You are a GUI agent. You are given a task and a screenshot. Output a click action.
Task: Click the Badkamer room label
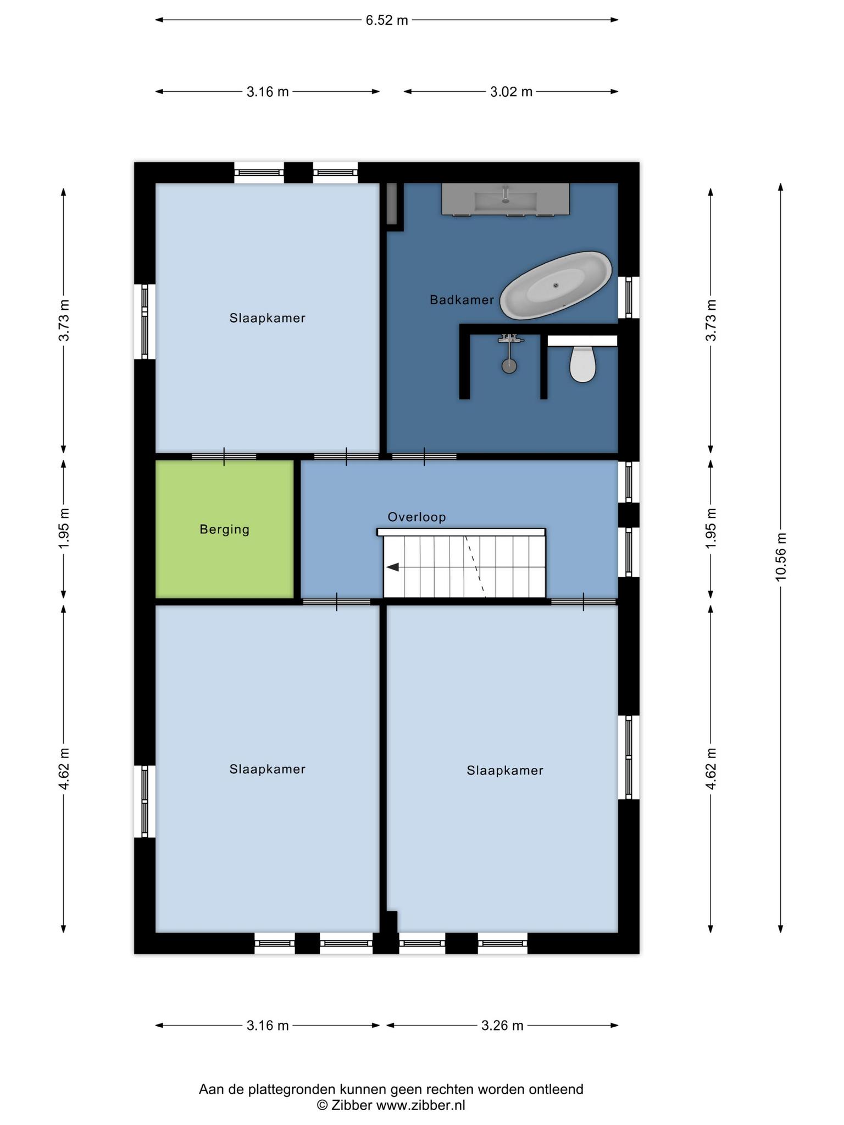[462, 300]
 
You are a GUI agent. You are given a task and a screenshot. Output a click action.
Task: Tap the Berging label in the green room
[224, 530]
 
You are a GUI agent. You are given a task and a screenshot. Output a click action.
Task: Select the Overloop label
[417, 517]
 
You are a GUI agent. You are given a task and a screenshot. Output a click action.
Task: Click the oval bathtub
[557, 285]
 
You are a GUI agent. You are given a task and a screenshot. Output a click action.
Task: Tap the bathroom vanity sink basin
[506, 199]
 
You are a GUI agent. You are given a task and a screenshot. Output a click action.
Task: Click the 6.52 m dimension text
[387, 20]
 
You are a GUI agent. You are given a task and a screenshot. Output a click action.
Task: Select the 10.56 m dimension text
[780, 556]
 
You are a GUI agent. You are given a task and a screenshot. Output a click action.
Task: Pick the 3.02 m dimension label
[511, 92]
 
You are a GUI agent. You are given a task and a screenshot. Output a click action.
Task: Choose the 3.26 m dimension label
[502, 1025]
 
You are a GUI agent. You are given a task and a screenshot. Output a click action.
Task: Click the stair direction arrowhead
[392, 567]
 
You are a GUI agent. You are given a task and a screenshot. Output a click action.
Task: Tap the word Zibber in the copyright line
[352, 1105]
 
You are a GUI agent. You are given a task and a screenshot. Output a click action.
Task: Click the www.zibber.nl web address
[420, 1105]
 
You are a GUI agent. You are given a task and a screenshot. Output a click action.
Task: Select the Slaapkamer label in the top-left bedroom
[267, 318]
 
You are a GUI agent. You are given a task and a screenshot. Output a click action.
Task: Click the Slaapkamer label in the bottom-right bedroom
[505, 771]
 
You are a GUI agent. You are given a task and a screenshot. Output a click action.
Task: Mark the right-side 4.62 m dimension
[710, 769]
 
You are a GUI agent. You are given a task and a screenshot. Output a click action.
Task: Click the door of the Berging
[224, 456]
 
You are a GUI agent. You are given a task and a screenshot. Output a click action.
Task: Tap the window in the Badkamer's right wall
[629, 298]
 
